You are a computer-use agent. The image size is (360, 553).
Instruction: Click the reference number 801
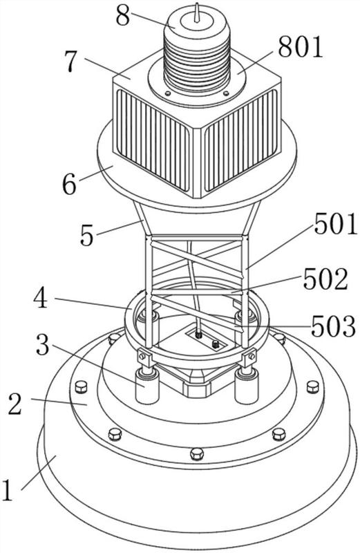click(x=301, y=47)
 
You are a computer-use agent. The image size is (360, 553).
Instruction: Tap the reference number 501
click(x=336, y=225)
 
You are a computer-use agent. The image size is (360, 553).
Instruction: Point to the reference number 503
click(x=333, y=326)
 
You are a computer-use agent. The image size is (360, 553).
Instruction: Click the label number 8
click(x=123, y=16)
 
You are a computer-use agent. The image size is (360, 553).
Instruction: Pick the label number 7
click(x=71, y=61)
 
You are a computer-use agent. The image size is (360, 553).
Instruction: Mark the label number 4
click(x=41, y=298)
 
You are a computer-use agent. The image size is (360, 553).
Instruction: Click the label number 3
click(x=42, y=345)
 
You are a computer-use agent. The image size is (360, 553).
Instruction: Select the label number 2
click(x=15, y=404)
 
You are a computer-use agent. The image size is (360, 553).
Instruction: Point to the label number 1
click(x=8, y=489)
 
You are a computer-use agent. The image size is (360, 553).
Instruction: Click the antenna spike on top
click(x=197, y=12)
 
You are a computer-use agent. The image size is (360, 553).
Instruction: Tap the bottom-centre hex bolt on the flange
click(x=196, y=453)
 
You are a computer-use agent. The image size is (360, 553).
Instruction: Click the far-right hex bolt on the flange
click(x=313, y=387)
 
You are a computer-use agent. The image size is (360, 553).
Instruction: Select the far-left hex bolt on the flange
click(x=81, y=387)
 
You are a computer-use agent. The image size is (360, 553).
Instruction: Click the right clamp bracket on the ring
click(x=249, y=357)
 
